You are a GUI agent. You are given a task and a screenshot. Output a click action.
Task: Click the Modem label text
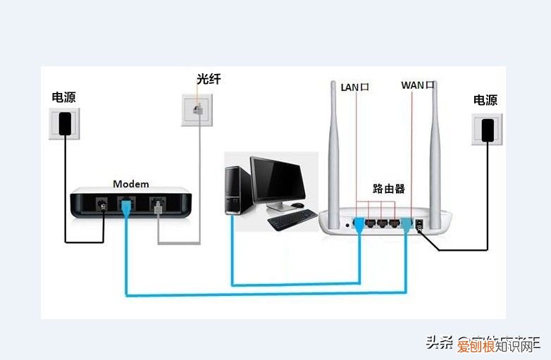(x=131, y=184)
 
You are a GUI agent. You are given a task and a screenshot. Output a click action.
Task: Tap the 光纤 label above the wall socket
(x=209, y=80)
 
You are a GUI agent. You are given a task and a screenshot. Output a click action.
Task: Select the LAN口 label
(x=355, y=87)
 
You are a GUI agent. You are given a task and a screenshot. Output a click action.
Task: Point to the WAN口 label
(x=417, y=85)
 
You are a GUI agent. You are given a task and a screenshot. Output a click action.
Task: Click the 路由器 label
(x=388, y=189)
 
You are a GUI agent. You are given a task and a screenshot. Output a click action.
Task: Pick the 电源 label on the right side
(x=487, y=101)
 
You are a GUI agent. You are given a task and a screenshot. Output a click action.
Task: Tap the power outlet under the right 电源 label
(x=486, y=130)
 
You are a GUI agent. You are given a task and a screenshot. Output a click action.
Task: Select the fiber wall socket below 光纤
(x=199, y=110)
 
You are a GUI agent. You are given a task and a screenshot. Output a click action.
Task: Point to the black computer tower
(x=235, y=189)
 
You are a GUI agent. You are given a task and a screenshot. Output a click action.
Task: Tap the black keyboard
(x=292, y=221)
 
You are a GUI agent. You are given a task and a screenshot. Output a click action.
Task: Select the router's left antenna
(x=336, y=148)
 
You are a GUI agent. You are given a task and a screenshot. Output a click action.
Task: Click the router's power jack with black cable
(x=421, y=225)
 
